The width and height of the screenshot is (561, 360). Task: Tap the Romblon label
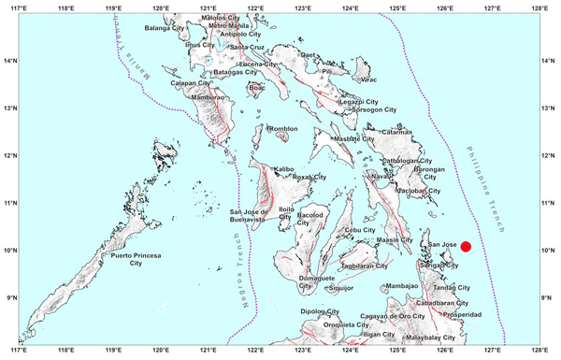(x=281, y=130)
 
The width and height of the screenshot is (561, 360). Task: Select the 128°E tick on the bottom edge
(x=539, y=353)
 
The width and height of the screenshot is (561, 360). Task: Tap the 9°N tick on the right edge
(x=552, y=297)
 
